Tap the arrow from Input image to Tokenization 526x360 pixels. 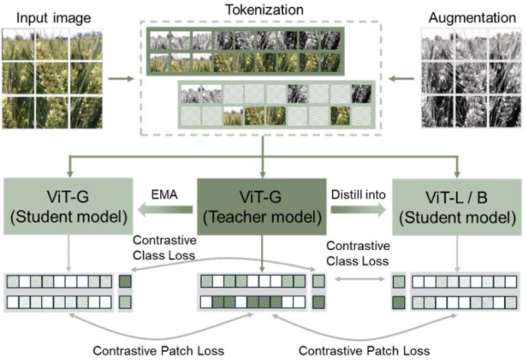[x=119, y=79]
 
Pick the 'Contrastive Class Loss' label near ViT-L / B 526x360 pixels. [x=358, y=253]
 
